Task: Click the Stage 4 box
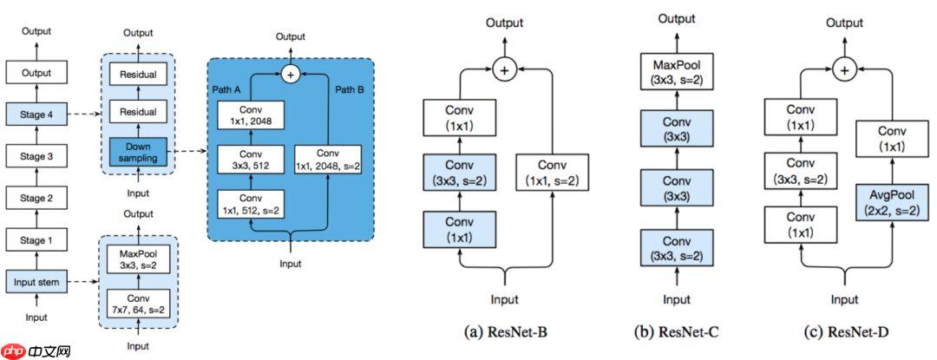pyautogui.click(x=36, y=115)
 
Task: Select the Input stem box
pyautogui.click(x=36, y=281)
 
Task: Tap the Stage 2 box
pyautogui.click(x=36, y=199)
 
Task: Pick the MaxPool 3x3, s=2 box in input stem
pyautogui.click(x=138, y=259)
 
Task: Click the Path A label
pyautogui.click(x=226, y=90)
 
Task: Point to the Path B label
pyautogui.click(x=351, y=90)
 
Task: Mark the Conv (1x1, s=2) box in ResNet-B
pyautogui.click(x=552, y=172)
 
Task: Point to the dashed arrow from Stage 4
pyautogui.click(x=83, y=115)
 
